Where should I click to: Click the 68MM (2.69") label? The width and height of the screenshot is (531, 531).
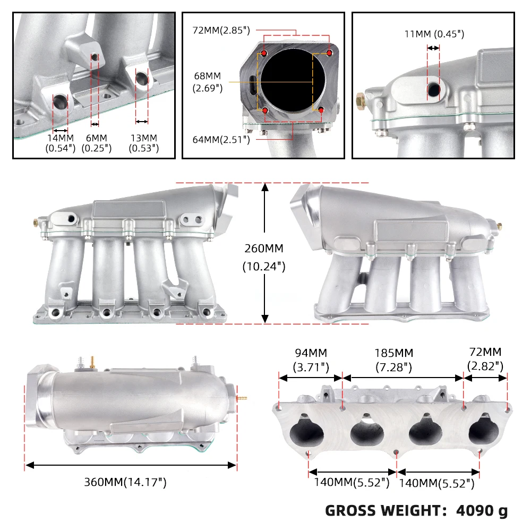(208, 82)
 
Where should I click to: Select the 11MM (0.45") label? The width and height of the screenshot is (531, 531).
(434, 34)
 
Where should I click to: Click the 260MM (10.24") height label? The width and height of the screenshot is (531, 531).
(264, 257)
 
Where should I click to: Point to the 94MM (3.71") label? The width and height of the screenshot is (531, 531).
(311, 359)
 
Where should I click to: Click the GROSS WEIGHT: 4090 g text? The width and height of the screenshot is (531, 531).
(416, 511)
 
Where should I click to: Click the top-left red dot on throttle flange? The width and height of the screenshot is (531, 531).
(264, 54)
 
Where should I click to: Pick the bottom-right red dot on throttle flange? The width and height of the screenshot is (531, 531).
(321, 109)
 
